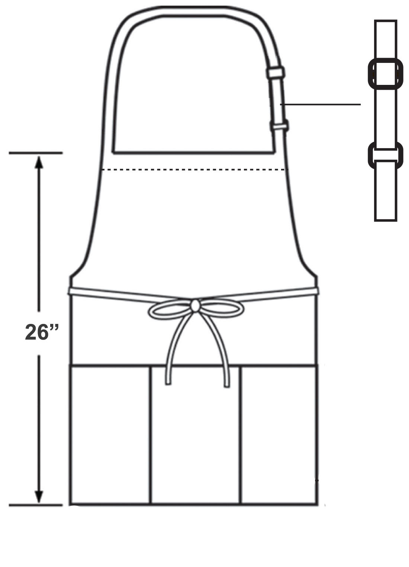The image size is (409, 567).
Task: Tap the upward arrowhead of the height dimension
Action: (x=39, y=162)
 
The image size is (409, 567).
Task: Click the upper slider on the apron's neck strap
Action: (x=276, y=72)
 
